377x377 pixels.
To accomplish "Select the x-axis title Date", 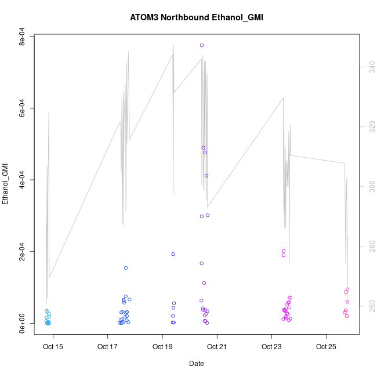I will [x=196, y=364].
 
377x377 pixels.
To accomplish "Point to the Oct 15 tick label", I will [x=53, y=347].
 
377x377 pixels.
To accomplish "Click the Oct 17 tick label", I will [x=108, y=347].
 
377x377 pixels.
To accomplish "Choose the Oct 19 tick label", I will [x=162, y=347].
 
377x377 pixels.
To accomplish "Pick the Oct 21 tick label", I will [x=217, y=347].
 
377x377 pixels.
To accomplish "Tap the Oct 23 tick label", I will [x=271, y=347].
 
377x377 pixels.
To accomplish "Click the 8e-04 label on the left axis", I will [x=22, y=37].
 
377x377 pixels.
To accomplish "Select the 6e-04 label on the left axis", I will [x=22, y=108].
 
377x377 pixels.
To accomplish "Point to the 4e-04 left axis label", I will [x=22, y=180].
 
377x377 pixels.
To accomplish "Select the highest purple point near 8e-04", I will [x=202, y=45].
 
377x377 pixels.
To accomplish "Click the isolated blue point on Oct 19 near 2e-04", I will [x=173, y=254].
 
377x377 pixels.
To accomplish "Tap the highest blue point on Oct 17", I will [x=126, y=268].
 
